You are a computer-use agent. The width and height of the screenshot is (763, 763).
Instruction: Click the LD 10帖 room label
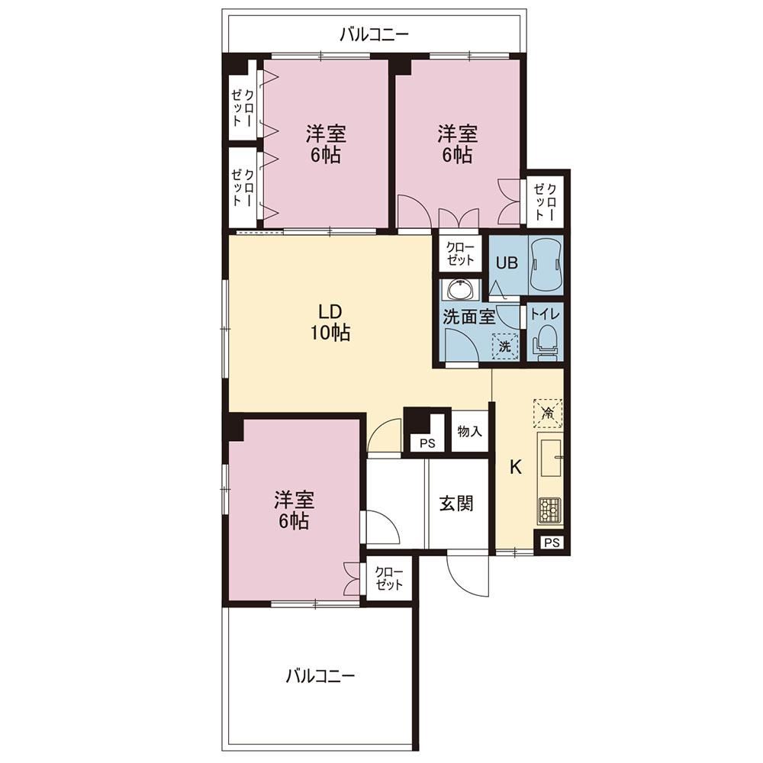330,322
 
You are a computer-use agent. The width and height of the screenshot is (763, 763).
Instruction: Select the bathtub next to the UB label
546,265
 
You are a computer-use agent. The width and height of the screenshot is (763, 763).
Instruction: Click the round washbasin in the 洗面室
459,291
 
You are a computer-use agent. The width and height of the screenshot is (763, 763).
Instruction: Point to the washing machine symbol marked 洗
504,346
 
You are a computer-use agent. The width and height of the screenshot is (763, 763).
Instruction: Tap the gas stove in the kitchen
549,511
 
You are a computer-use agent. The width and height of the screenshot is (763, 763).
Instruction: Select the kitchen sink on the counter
549,458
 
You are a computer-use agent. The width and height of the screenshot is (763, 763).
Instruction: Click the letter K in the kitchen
515,468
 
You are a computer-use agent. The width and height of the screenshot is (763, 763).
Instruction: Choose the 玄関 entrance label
456,503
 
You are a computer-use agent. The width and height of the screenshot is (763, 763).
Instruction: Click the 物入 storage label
469,431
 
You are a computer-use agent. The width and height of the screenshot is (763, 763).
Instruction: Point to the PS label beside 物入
427,444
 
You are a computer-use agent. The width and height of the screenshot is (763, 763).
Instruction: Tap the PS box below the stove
552,542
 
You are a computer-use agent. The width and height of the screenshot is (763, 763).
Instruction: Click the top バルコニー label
374,34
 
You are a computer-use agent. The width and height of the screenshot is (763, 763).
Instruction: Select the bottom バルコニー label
320,675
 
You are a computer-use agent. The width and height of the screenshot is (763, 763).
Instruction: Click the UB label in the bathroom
507,262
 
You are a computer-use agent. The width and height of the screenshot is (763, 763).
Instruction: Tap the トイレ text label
545,314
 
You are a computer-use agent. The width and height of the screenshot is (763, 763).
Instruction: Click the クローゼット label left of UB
460,253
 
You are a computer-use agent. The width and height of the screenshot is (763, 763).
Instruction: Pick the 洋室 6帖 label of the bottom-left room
294,510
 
